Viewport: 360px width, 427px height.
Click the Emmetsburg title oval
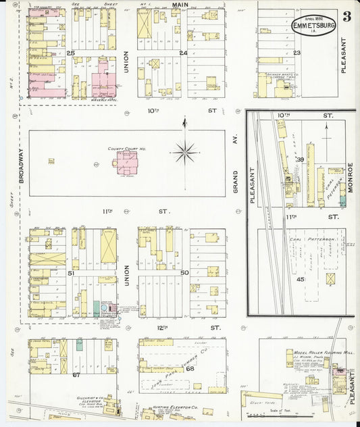tap(313, 26)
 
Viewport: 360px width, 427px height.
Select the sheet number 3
tap(346, 17)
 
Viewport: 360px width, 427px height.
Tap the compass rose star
tap(184, 151)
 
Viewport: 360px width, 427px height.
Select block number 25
tap(70, 53)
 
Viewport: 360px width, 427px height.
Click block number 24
tap(182, 53)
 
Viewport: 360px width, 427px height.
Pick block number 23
tap(297, 53)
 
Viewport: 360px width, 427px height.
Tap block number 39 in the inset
tap(299, 159)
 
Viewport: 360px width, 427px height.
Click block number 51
tap(70, 272)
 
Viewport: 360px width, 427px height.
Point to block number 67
tap(76, 374)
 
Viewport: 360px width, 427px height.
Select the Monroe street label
tap(351, 178)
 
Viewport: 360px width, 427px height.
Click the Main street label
tap(179, 5)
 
